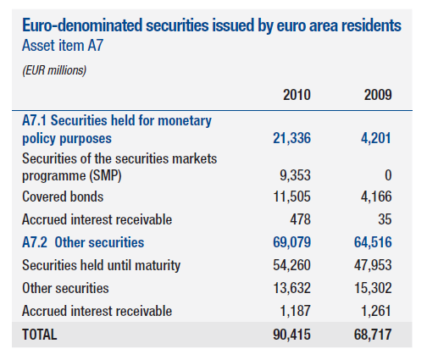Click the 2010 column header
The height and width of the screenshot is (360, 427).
pos(297,95)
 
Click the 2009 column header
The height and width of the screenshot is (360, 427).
pos(378,95)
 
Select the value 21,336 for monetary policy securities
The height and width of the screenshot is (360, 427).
pos(291,138)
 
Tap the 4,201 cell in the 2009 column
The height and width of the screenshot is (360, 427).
pos(376,138)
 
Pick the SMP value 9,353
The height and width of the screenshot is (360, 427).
pos(295,175)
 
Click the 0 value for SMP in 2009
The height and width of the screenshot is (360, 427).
pos(388,175)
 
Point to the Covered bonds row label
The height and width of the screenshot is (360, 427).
pos(63,197)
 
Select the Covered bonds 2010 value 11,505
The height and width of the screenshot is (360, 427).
pos(291,197)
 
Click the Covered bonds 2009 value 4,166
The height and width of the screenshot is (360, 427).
pos(376,197)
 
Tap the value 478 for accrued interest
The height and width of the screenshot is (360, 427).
pos(300,219)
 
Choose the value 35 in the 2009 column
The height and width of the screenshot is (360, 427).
pos(385,219)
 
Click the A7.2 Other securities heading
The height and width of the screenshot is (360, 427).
pos(83,242)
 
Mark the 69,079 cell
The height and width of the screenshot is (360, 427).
pos(291,242)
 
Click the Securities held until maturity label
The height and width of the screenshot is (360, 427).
pos(101,265)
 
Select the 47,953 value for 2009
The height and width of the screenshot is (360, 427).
pos(373,265)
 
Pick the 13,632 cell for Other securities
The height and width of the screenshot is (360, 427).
pos(291,288)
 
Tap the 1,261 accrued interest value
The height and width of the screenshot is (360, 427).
pos(376,311)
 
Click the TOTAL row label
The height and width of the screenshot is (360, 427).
pos(40,335)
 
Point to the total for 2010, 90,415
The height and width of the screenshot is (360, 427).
pos(291,335)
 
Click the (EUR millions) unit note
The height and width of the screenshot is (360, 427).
pos(54,70)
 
